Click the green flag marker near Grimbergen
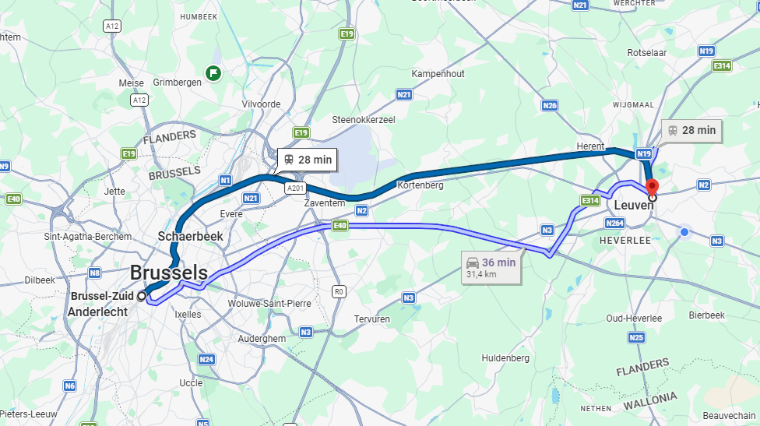point(213,74)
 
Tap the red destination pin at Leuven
point(653,187)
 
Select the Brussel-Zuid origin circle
point(141,296)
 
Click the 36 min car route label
point(491,267)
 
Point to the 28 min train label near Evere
point(308,160)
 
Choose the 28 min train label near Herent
point(691,131)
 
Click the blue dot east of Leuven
point(684,232)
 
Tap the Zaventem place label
point(324,202)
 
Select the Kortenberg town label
point(420,185)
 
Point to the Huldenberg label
point(505,358)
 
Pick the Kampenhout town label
point(438,73)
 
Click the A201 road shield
point(295,188)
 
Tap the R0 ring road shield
point(339,291)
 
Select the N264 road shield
point(614,224)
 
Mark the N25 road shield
point(636,337)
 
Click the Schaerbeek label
point(190,235)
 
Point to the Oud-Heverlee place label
point(634,318)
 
